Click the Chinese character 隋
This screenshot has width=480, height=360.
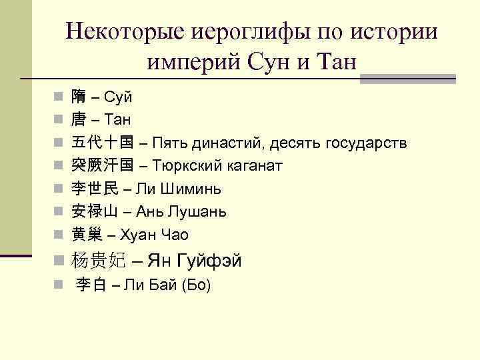[79, 97]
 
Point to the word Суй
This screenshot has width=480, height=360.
[120, 98]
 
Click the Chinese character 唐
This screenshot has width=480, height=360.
[79, 120]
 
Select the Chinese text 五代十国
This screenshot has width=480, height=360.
[102, 143]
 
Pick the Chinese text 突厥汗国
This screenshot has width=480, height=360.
[102, 165]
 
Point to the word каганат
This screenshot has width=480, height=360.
[257, 166]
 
